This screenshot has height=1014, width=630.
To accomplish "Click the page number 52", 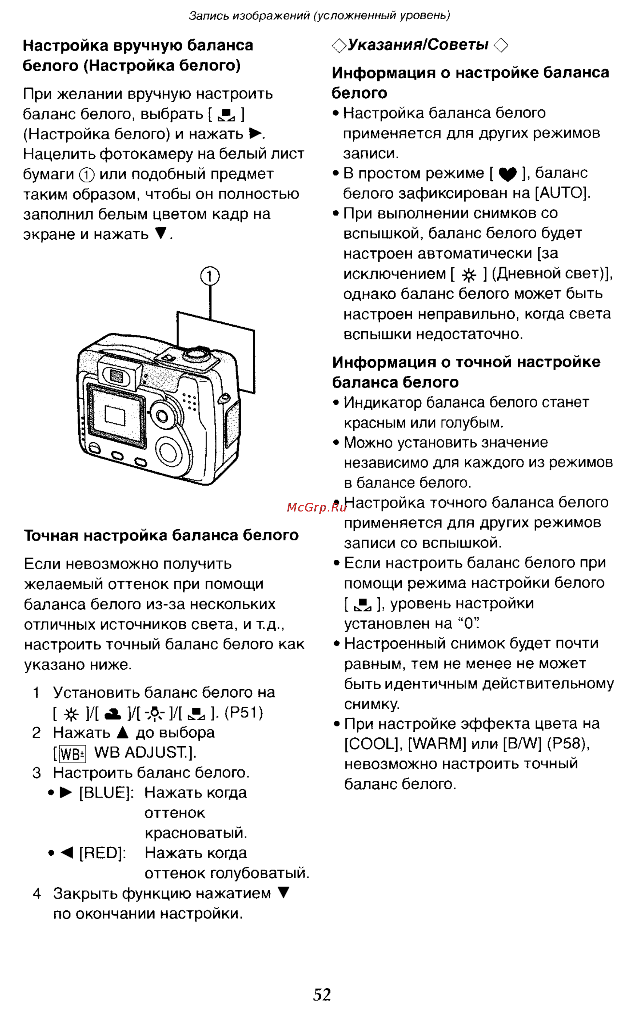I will (322, 994).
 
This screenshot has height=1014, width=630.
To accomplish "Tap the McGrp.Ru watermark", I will (317, 507).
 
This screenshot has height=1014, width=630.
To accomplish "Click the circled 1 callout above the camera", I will (210, 276).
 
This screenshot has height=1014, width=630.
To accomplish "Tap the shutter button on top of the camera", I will (197, 354).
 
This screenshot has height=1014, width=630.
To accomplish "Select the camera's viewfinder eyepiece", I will (117, 376).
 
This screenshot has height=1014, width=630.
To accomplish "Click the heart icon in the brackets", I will (507, 174).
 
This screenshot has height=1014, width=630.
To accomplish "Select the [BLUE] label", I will (106, 792).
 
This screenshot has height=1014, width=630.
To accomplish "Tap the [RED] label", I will (102, 853).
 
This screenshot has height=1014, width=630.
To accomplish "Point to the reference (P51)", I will (244, 713).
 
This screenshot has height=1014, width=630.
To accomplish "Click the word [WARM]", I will (437, 744).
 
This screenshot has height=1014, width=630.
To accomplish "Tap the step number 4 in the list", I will (37, 894).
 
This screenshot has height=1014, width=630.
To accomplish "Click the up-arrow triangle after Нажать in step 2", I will (123, 733).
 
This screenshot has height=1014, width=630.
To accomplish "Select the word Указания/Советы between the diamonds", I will (418, 45).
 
